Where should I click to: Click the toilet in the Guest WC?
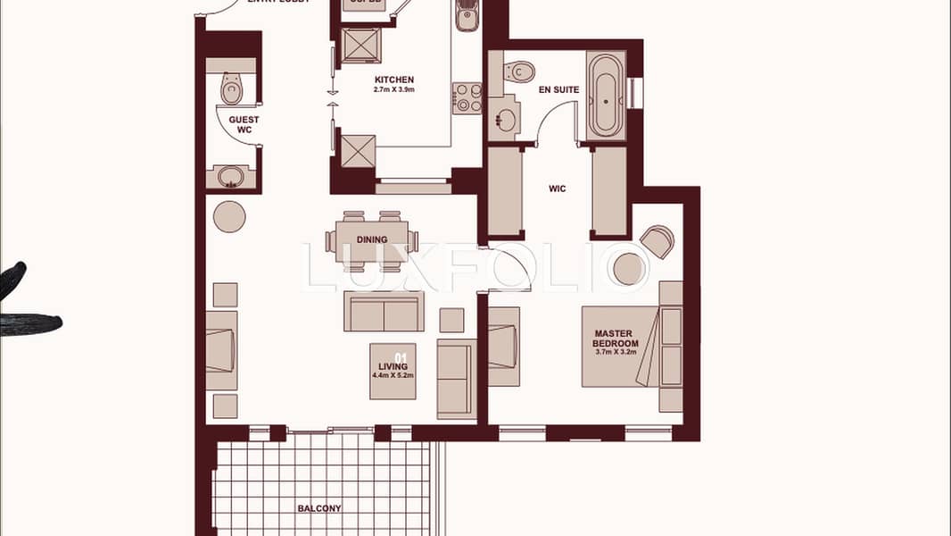[232, 88]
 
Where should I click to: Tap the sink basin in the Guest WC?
[232, 176]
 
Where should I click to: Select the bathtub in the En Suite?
[606, 96]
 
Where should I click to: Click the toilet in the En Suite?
[519, 71]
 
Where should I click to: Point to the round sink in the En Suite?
[506, 120]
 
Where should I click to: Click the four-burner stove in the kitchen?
[467, 97]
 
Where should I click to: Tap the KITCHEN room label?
[393, 80]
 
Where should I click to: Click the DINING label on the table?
[372, 239]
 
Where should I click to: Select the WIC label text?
[558, 188]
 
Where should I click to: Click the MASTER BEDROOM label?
[616, 339]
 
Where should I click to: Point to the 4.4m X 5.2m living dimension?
[393, 376]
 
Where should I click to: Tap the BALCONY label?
[318, 508]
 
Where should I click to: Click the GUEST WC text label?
[244, 124]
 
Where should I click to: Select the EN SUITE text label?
[559, 89]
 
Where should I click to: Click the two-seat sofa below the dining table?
[385, 311]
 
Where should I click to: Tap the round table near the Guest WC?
[229, 216]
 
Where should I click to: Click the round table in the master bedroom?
[630, 270]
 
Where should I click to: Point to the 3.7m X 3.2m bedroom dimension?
[616, 352]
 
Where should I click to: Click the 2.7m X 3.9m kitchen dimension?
[393, 90]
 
